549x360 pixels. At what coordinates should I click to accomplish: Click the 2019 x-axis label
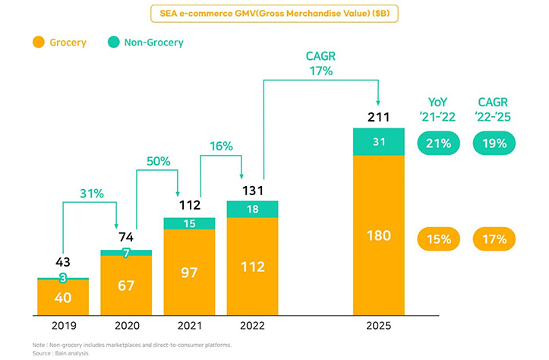click(x=63, y=326)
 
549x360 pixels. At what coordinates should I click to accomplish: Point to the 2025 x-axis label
click(x=378, y=326)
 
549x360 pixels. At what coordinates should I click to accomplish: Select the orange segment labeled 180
click(x=378, y=235)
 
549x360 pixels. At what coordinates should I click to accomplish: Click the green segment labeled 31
click(x=378, y=141)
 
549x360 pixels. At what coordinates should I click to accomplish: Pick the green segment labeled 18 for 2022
click(x=252, y=209)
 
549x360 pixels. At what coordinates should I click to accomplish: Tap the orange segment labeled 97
click(x=189, y=271)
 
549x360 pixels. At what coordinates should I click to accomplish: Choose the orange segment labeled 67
click(x=126, y=284)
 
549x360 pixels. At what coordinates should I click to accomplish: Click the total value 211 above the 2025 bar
click(x=378, y=117)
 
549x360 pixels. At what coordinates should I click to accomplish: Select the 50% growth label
click(x=157, y=162)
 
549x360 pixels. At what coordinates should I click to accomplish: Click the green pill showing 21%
click(x=440, y=142)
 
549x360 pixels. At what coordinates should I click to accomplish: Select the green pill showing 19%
click(x=494, y=142)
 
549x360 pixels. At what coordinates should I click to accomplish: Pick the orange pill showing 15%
click(x=440, y=239)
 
